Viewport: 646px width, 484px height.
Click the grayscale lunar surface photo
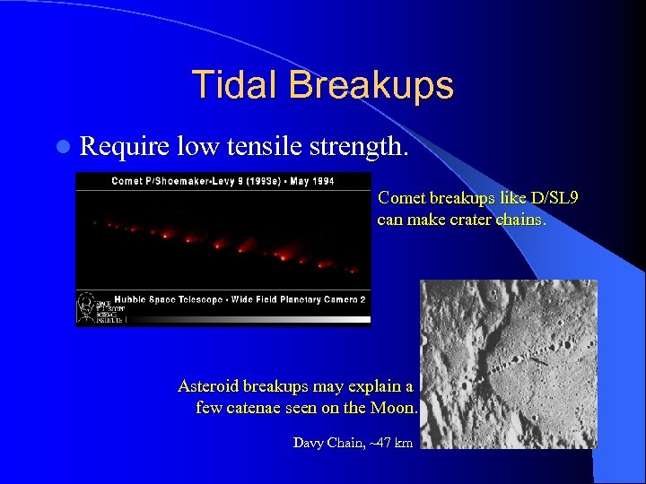(508, 363)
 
